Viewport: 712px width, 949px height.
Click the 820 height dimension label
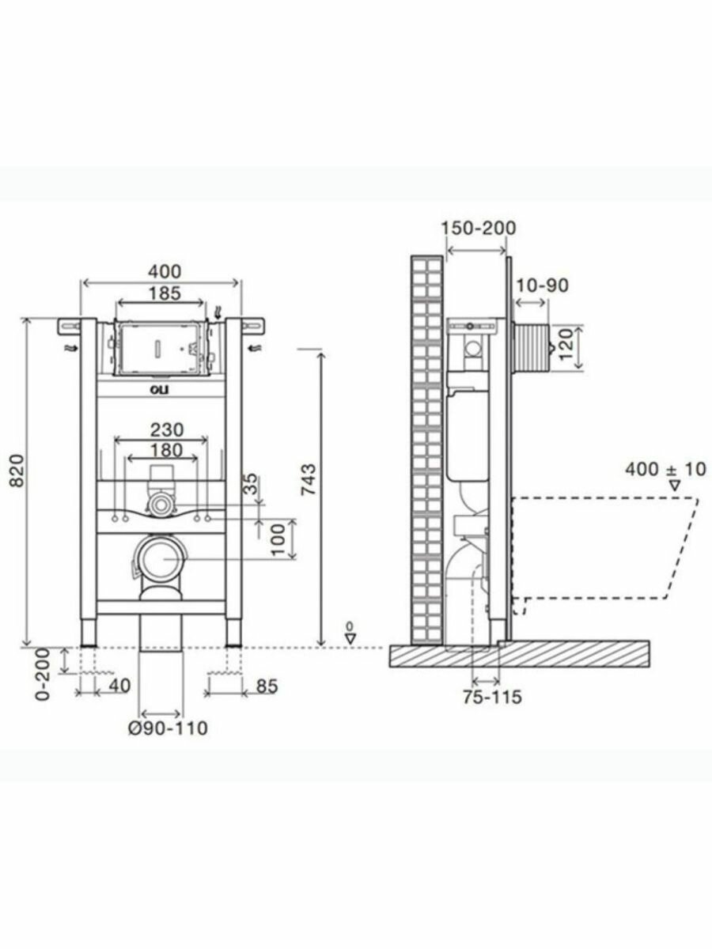coord(17,470)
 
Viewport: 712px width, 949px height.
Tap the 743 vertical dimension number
coord(309,480)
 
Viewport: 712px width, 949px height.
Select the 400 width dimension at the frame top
coord(165,271)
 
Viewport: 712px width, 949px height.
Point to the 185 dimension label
coord(165,293)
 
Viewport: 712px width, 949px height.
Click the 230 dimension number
coord(167,429)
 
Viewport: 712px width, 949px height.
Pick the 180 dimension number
coord(166,450)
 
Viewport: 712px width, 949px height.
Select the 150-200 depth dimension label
coord(479,229)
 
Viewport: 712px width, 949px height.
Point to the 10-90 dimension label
coord(543,285)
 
